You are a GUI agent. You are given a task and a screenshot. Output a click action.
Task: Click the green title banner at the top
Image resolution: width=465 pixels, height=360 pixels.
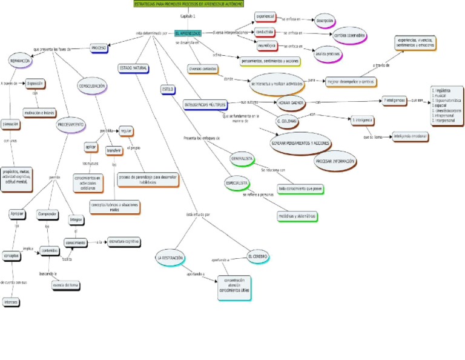189,4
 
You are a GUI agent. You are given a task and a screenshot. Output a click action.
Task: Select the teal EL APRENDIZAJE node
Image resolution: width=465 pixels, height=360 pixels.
188,33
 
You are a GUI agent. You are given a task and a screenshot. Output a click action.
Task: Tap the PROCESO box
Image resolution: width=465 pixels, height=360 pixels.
99,48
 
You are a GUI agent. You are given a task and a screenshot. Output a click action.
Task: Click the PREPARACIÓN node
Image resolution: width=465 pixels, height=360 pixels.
21,61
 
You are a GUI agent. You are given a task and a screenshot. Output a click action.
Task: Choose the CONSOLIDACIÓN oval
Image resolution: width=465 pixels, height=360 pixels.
92,87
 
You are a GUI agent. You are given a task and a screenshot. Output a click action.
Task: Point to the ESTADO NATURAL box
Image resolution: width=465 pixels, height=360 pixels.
133,68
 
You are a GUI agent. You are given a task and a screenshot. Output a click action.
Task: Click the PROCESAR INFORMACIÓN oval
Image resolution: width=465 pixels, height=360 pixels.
335,161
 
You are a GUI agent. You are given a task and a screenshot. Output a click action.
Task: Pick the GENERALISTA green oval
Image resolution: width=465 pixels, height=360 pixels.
242,159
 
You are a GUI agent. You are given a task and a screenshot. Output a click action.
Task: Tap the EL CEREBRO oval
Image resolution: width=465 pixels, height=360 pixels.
258,256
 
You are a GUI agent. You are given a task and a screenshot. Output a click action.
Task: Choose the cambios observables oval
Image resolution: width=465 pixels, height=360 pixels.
349,36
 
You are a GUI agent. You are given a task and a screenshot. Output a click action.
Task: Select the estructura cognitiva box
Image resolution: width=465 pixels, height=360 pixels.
125,241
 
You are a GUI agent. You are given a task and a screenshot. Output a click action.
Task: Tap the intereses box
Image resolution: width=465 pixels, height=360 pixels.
11,302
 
